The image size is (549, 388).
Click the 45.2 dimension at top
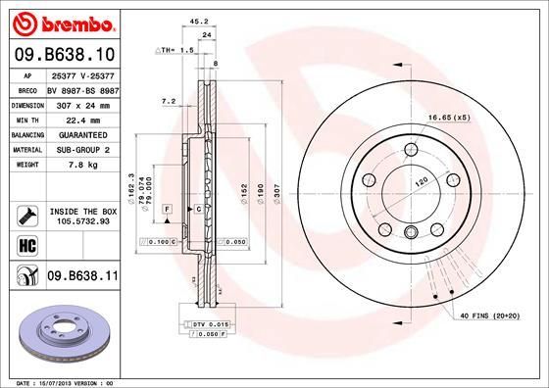point(197,19)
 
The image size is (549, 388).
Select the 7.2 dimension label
point(168,100)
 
